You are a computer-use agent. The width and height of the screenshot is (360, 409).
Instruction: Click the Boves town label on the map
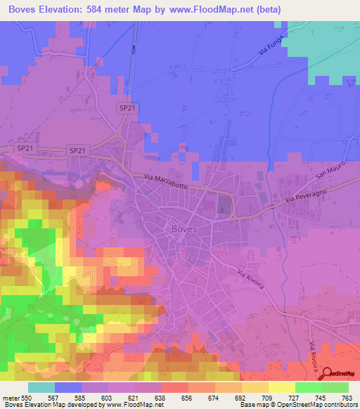(184, 228)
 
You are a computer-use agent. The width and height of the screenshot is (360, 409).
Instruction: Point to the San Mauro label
(332, 172)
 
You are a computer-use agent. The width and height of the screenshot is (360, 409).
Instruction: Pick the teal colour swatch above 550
(41, 387)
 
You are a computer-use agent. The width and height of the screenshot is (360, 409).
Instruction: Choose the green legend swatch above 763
(335, 387)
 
